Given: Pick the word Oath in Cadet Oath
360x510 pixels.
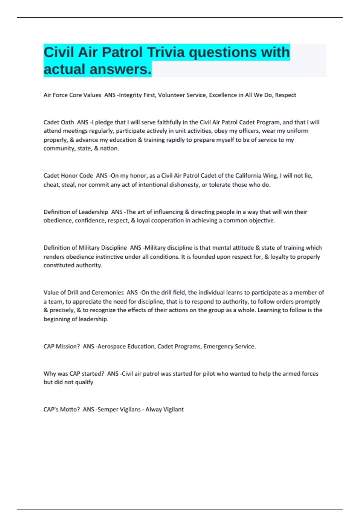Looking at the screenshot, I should coord(67,122).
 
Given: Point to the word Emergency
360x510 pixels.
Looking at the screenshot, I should coord(218,346).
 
